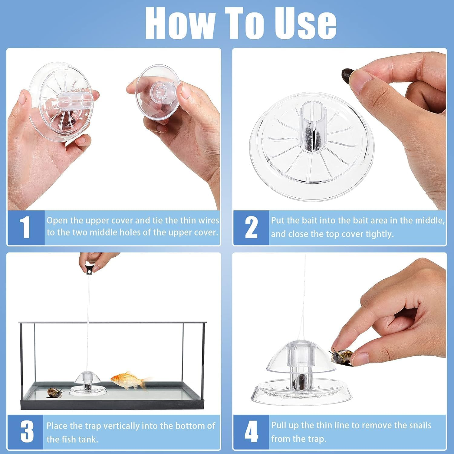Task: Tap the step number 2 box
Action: point(251,227)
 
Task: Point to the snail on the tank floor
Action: point(55,393)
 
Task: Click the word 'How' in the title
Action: point(180,23)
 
